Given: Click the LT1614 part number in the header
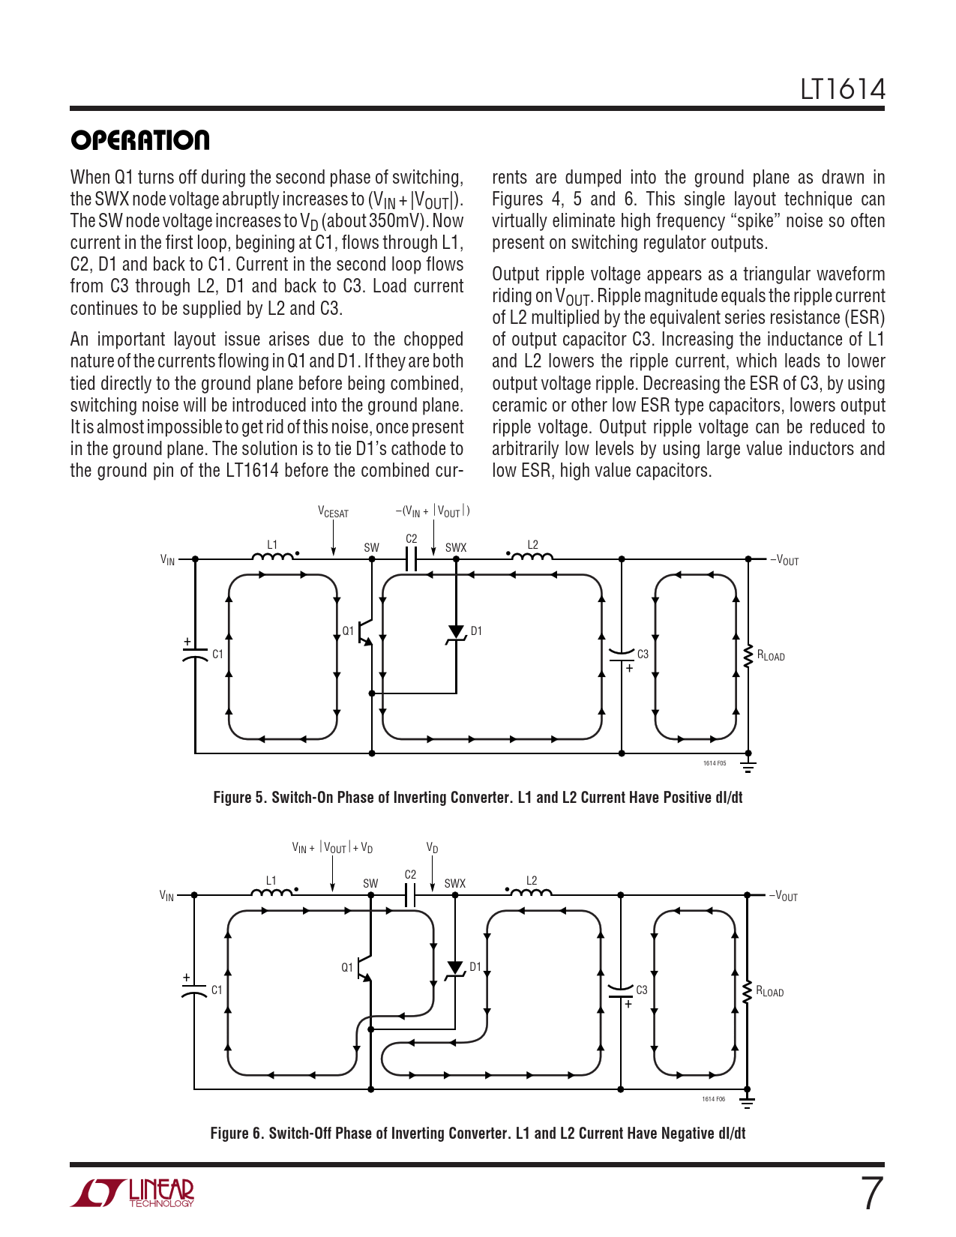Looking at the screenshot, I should click(842, 89).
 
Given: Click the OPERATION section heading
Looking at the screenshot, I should click(140, 140).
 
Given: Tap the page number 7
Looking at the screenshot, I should click(871, 1194).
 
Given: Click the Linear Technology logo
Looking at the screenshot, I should click(133, 1193).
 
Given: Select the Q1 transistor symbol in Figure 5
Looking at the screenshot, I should click(365, 632).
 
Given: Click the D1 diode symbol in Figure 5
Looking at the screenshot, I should click(456, 633).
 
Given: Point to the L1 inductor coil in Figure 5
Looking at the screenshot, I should click(273, 556).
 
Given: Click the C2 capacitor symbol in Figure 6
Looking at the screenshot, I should click(410, 894).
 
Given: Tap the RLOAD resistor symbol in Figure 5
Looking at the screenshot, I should click(748, 656).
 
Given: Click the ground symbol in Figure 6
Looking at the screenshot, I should click(747, 1101).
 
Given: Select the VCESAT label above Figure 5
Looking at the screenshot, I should click(333, 513).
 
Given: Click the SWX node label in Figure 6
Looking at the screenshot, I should click(454, 884).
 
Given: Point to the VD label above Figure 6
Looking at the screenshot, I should click(432, 848).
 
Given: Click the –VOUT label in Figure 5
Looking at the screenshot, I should click(784, 560).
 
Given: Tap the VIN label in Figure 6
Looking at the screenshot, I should click(167, 896).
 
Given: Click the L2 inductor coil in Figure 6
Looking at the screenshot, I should click(531, 892).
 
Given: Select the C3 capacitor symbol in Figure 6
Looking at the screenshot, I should click(621, 991).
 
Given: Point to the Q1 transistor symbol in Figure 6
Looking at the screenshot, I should click(364, 968).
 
